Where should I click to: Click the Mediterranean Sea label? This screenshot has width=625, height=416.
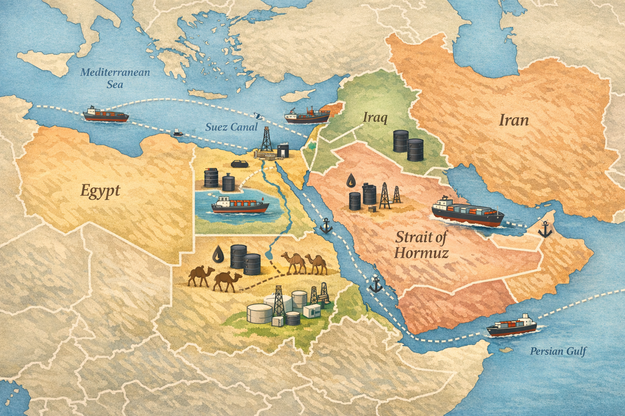click(x=115, y=78)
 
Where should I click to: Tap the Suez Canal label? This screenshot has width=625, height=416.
click(x=231, y=127)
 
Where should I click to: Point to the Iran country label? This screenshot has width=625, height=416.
click(x=514, y=120)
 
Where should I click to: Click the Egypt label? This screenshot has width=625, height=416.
click(x=100, y=190)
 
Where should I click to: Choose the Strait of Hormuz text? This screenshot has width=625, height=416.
click(x=422, y=245)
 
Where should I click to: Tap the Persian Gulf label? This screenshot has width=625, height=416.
click(x=558, y=351)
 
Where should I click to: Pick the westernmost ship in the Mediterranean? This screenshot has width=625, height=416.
click(x=106, y=114)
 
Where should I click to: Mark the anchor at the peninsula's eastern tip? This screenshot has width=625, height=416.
click(x=544, y=230)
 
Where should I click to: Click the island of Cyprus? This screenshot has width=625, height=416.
click(x=300, y=96)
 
